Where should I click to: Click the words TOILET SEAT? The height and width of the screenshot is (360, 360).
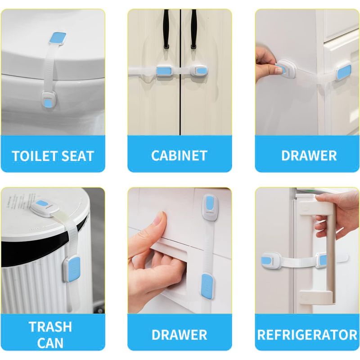pos(53,156)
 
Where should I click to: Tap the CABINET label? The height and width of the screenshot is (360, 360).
pos(179,155)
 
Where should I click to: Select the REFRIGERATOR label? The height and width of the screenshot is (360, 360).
pos(307,334)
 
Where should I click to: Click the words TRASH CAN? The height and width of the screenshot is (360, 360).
pos(50,335)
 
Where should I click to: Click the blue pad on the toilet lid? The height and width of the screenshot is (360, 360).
pos(58,38)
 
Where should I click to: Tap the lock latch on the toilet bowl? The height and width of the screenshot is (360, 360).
pos(49,100)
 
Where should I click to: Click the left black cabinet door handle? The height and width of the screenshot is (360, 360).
pos(166,29)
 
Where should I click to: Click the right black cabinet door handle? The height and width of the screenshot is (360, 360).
pos(193,29)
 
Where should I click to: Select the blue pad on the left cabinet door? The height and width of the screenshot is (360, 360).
pos(164,71)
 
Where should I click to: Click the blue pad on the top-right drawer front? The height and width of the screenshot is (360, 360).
pos(344,72)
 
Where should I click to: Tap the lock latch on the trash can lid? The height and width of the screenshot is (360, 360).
pos(44,208)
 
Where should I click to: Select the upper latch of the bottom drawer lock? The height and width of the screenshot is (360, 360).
pos(210,207)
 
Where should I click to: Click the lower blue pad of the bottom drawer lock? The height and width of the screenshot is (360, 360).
pos(207,286)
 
